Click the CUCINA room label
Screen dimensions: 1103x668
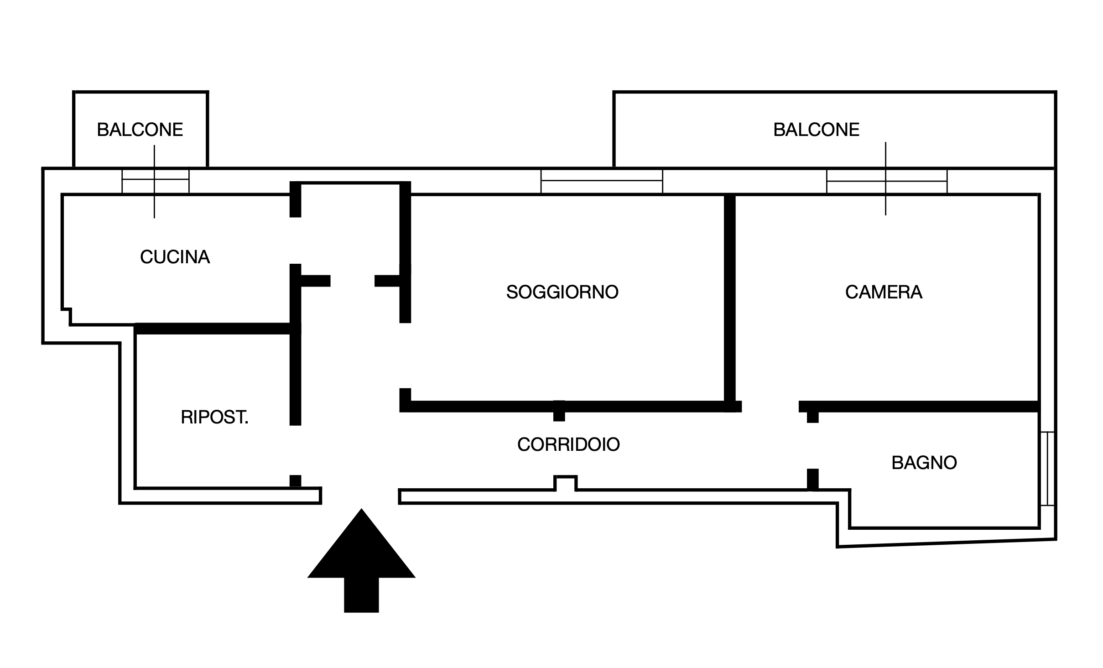(175, 257)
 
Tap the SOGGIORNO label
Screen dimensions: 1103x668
(562, 292)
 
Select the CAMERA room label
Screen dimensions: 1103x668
(884, 292)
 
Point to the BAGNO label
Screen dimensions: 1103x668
(924, 463)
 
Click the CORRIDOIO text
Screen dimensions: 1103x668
(568, 444)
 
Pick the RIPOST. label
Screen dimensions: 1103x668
(214, 417)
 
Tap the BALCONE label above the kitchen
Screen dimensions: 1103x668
(140, 130)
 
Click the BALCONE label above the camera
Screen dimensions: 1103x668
(816, 130)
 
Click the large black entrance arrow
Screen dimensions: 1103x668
(361, 560)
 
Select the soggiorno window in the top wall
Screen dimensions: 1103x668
(602, 181)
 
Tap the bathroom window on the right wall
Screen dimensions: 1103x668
(1048, 468)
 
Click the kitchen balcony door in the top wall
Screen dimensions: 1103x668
(156, 181)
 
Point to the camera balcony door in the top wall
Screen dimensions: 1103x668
(887, 181)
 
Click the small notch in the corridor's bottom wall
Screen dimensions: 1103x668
(566, 483)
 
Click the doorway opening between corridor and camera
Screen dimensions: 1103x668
(770, 407)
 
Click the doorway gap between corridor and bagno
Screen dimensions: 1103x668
(813, 446)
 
